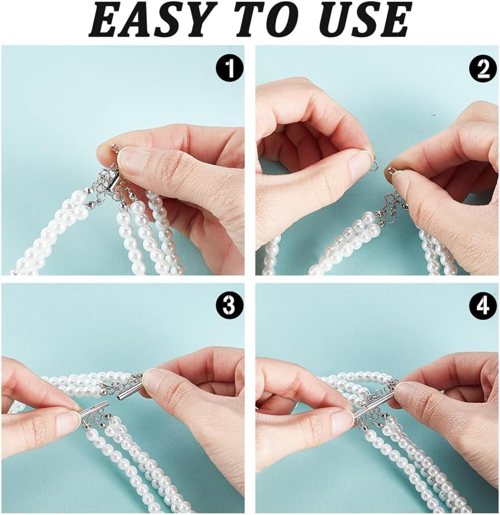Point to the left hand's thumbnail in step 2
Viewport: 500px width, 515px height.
click(360, 159)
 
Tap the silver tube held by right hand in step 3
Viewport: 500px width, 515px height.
click(129, 391)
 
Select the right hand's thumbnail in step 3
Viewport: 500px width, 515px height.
click(154, 380)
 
